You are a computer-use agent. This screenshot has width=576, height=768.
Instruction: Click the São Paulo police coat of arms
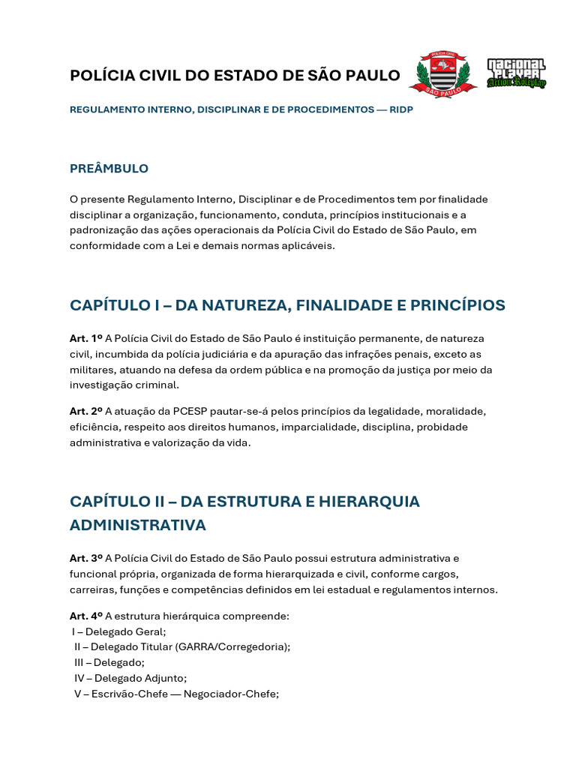pyautogui.click(x=442, y=75)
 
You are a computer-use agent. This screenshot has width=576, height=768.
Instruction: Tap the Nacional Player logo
pyautogui.click(x=516, y=73)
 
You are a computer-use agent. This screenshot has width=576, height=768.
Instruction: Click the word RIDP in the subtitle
pyautogui.click(x=400, y=109)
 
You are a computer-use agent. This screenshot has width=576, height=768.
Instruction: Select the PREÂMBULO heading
pyautogui.click(x=109, y=169)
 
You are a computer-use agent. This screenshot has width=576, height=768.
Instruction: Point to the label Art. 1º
pyautogui.click(x=86, y=338)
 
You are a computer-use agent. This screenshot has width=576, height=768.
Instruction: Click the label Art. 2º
pyautogui.click(x=86, y=411)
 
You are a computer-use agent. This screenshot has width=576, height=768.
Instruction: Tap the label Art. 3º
pyautogui.click(x=86, y=558)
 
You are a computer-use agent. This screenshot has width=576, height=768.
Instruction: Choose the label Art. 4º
pyautogui.click(x=86, y=616)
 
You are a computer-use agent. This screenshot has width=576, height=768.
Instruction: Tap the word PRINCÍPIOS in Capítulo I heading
pyautogui.click(x=454, y=305)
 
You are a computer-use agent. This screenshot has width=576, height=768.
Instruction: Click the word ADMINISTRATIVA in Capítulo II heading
pyautogui.click(x=137, y=525)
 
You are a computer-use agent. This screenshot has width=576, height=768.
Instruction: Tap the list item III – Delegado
pyautogui.click(x=109, y=662)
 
